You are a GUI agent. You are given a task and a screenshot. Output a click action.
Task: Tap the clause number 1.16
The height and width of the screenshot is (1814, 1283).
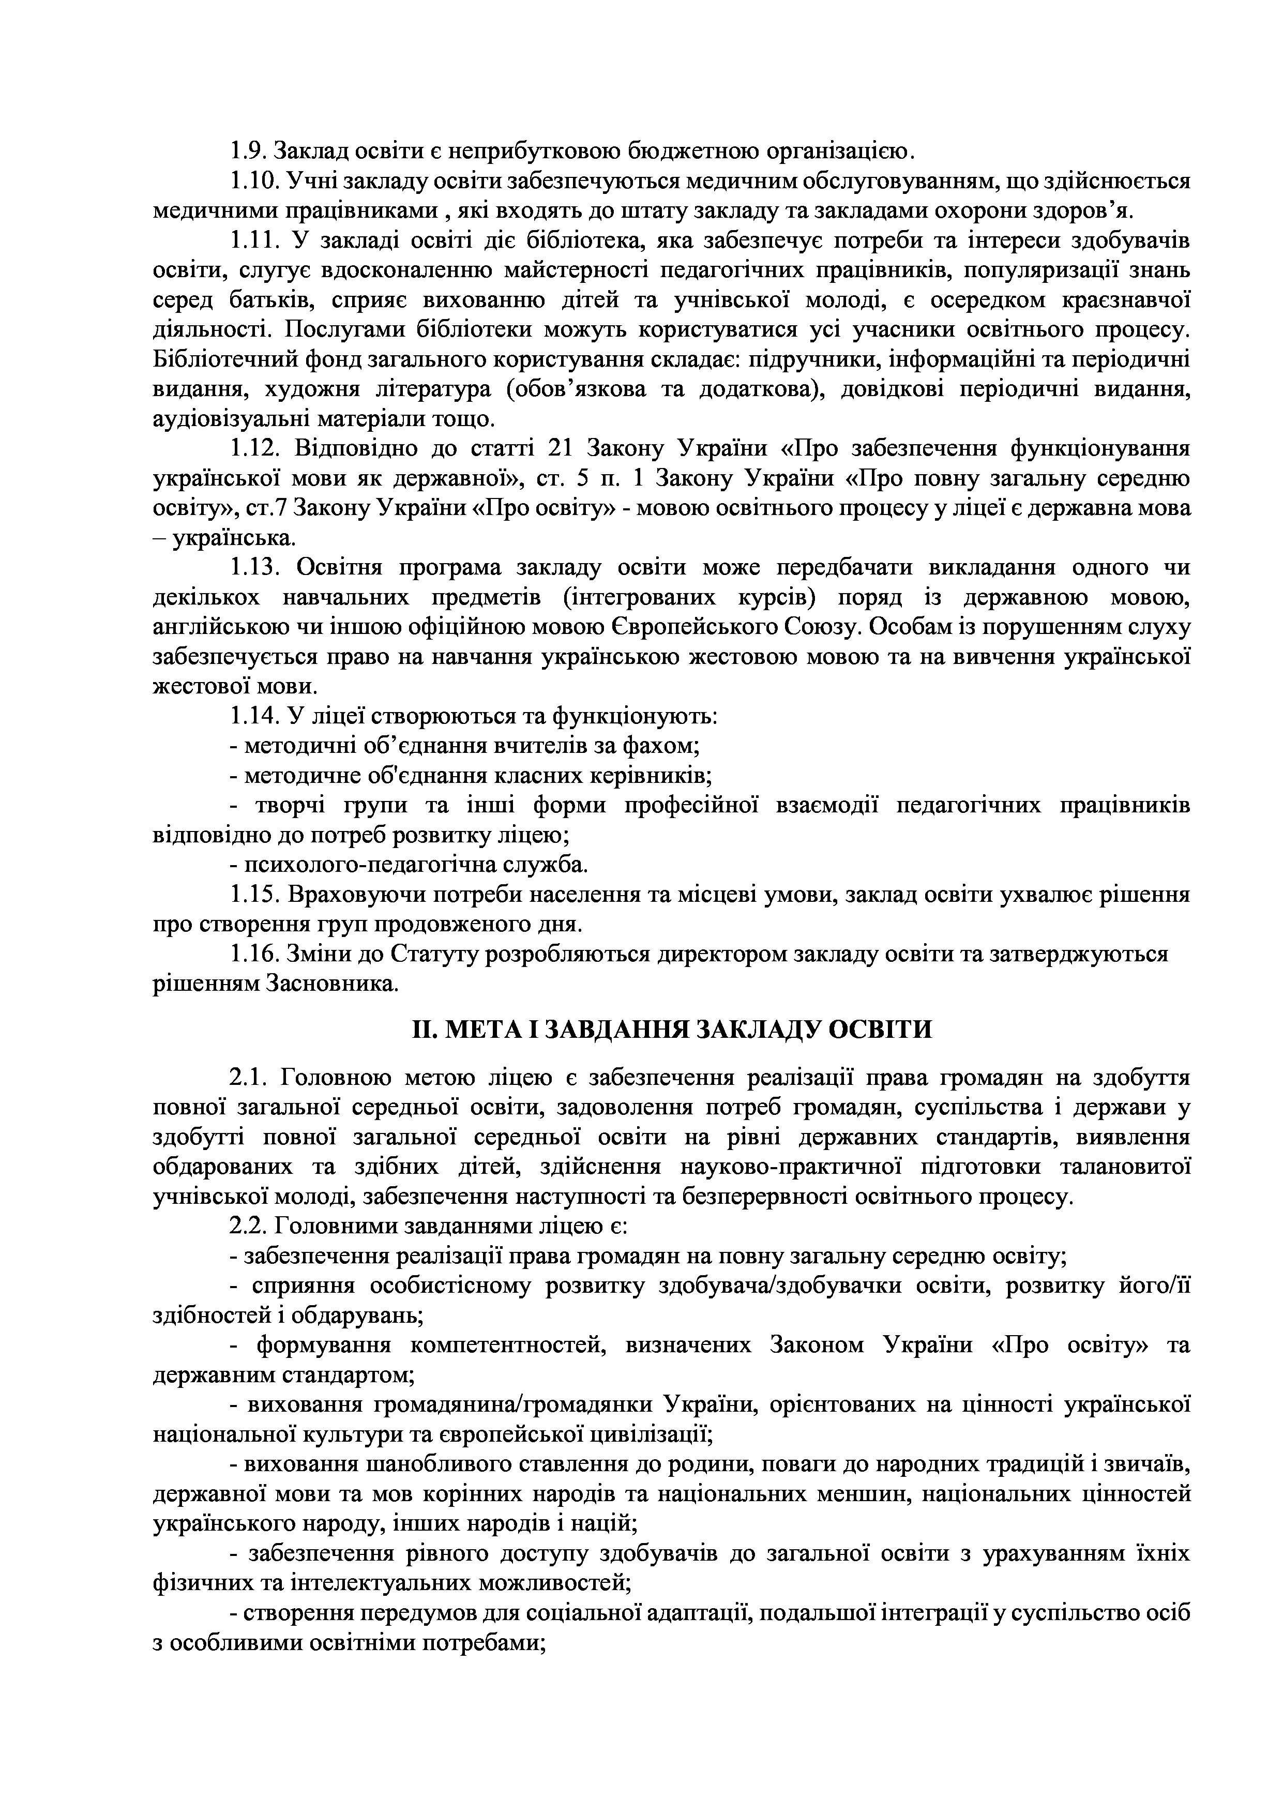[x=253, y=955]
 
